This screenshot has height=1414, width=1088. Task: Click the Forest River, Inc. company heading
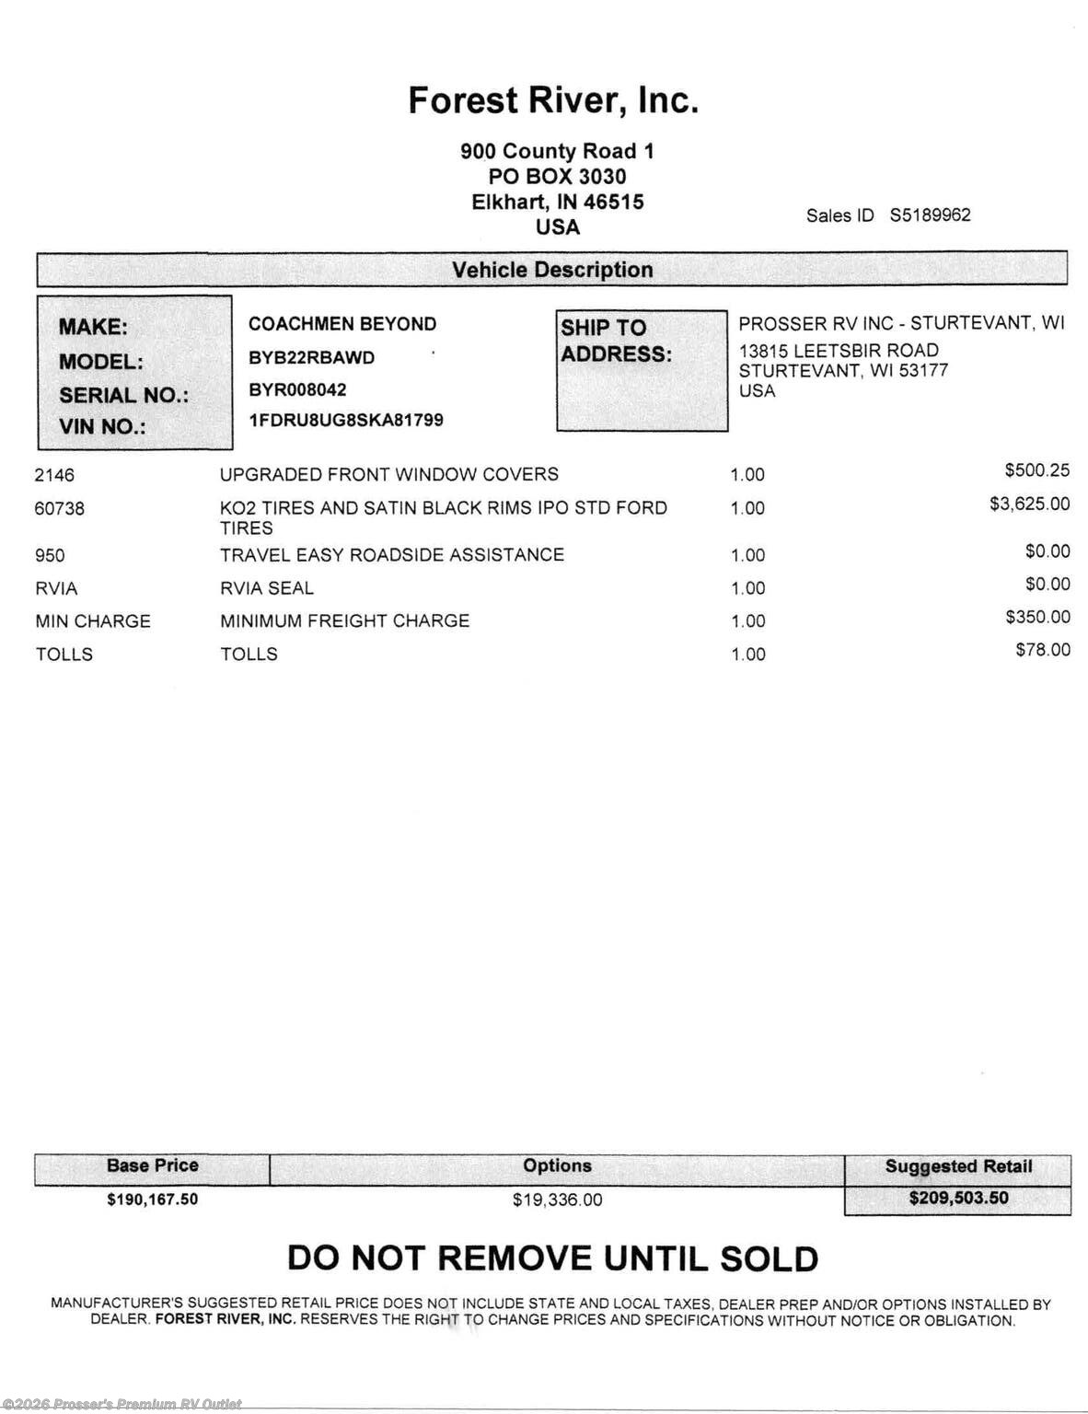[553, 100]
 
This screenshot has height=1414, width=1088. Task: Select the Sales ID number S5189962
[930, 215]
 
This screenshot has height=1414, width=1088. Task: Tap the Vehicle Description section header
[552, 270]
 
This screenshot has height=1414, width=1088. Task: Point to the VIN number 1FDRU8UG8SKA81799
[346, 421]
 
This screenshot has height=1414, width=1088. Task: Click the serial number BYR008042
[297, 389]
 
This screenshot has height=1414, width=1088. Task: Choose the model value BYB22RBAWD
[311, 358]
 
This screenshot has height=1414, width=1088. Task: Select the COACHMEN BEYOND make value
[342, 324]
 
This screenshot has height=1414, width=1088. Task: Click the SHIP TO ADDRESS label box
[642, 370]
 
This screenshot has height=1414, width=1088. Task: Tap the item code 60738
[59, 508]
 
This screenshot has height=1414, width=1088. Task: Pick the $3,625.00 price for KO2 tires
[1029, 504]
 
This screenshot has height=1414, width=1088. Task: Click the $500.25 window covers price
[1037, 470]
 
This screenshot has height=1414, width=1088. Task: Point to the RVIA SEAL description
[267, 588]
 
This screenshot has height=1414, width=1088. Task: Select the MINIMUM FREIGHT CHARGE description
[344, 621]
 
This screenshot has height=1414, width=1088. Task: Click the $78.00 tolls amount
[1043, 650]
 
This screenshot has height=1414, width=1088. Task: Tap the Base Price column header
[153, 1165]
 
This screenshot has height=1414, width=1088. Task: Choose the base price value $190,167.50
[153, 1200]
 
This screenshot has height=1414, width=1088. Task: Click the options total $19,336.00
[557, 1200]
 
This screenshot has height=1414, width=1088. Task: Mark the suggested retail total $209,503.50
[958, 1199]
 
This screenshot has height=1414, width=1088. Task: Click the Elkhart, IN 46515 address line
[558, 202]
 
